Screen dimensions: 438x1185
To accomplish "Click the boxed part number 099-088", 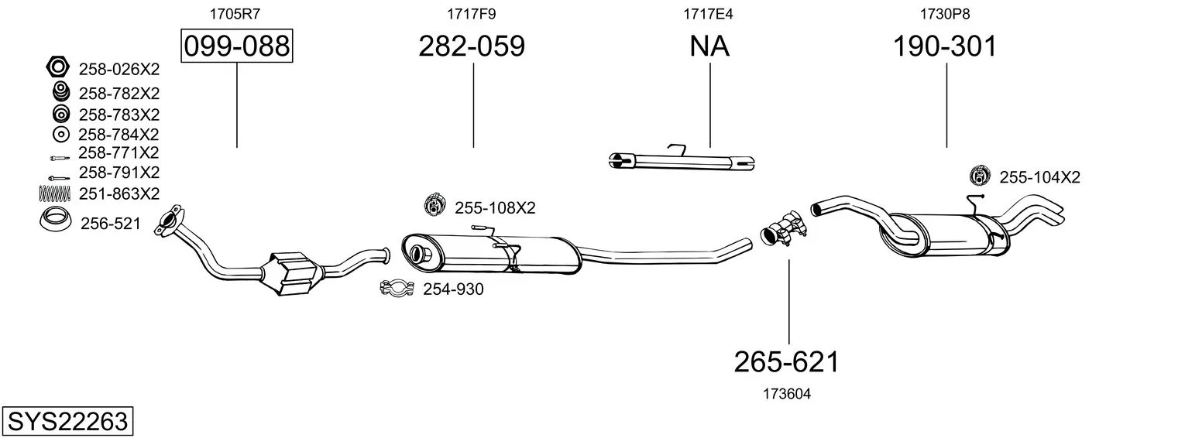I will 236,46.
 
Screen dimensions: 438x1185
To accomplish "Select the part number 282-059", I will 472,46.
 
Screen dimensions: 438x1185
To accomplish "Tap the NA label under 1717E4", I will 709,46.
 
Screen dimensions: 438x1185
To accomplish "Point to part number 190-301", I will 945,46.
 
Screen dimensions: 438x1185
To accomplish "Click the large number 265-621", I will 787,361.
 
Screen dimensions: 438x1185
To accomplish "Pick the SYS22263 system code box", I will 67,421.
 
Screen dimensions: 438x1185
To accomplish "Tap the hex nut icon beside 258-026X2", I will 58,68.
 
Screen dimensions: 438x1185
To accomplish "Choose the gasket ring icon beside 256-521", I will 56,221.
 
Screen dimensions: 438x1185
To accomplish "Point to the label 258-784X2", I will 118,135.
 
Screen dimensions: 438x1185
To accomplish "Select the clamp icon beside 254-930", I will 398,289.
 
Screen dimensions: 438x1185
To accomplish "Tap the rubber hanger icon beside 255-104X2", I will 980,176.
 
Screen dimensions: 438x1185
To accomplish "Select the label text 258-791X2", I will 118,172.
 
